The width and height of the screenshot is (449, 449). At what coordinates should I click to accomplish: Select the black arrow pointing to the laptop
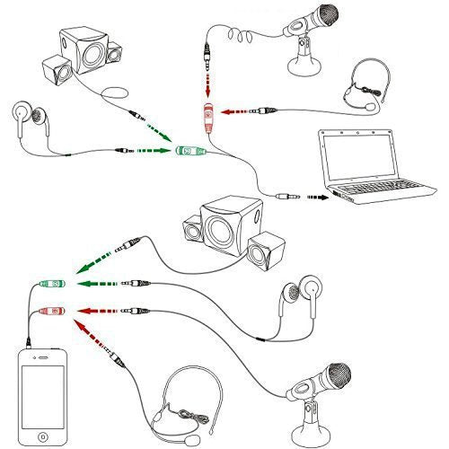tap(316, 194)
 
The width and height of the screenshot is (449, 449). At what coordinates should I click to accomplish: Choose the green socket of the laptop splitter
tap(190, 152)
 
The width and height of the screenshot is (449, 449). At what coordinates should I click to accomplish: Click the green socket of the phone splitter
tap(49, 286)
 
